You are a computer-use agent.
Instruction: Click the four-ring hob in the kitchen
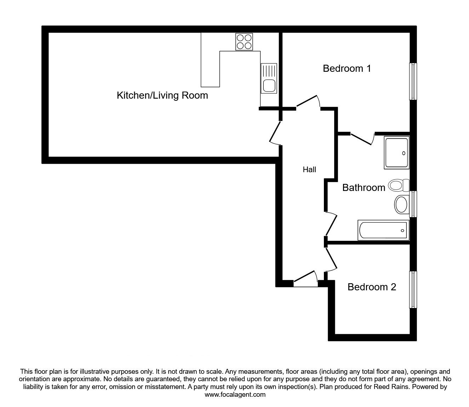[244, 42]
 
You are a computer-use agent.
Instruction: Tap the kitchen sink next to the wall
[269, 79]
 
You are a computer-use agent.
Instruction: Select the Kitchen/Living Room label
[162, 95]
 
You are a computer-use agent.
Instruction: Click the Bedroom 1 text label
[347, 68]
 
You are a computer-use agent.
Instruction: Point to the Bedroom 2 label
[372, 287]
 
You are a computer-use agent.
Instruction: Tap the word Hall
[309, 170]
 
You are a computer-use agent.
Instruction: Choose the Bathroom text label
[364, 187]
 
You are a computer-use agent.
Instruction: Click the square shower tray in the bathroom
[396, 152]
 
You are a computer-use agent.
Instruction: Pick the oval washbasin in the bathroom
[401, 204]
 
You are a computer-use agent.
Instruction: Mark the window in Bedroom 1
[413, 81]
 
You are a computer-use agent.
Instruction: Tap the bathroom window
[413, 204]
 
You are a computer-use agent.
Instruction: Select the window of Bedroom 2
[413, 290]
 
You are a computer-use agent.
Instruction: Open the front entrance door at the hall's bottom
[305, 279]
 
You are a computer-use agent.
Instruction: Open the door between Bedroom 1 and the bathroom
[362, 138]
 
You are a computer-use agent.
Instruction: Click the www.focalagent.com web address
[235, 395]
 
